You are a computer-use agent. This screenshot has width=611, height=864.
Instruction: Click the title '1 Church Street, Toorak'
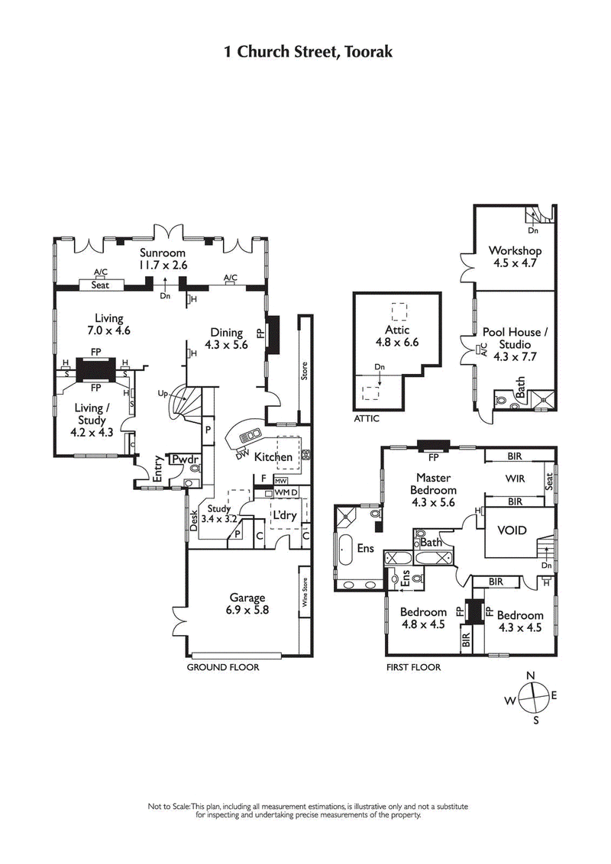pos(308,52)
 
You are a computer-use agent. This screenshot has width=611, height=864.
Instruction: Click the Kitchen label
pos(273,456)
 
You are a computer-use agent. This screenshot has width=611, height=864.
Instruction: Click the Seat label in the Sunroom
pos(100,285)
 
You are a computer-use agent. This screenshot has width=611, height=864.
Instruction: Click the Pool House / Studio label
pos(515,338)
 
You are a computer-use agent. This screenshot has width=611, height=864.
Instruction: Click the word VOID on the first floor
pos(511,530)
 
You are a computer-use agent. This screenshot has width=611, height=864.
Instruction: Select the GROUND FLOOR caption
pos(223,666)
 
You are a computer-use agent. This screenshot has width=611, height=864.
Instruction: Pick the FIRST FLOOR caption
pos(413,666)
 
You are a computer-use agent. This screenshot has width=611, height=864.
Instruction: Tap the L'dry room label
pos(284,515)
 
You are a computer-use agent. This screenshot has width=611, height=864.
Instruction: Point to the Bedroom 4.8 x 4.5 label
pos(423,618)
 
